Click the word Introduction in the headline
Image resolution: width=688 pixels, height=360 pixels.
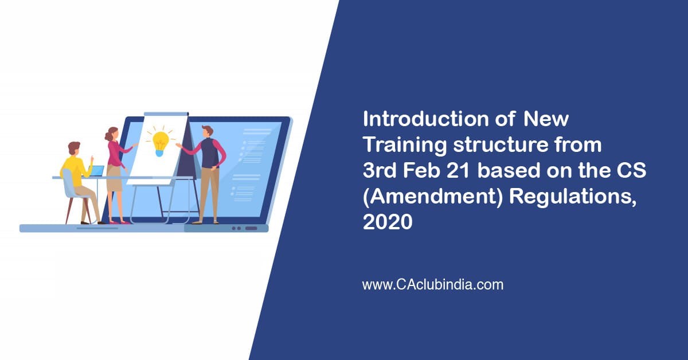click(x=426, y=119)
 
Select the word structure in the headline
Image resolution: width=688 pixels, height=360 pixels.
click(x=501, y=145)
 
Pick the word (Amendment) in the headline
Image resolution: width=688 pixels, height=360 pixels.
click(x=432, y=197)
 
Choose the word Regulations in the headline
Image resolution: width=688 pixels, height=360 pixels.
click(x=573, y=197)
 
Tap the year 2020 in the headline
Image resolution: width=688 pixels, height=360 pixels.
click(x=388, y=222)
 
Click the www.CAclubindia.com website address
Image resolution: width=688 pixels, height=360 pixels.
click(x=433, y=285)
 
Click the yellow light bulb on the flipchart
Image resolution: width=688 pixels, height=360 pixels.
click(x=160, y=143)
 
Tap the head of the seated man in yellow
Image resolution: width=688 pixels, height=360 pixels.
click(x=75, y=148)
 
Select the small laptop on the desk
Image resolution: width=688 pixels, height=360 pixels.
click(x=96, y=171)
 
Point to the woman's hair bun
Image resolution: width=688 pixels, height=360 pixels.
click(x=108, y=135)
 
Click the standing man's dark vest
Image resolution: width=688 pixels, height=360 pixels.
click(x=210, y=152)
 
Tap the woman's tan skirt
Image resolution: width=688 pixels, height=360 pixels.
click(x=114, y=178)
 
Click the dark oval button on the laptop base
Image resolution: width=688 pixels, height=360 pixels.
click(x=251, y=228)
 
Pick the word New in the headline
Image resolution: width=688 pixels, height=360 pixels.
click(x=546, y=119)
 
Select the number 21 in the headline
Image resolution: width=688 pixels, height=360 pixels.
click(x=458, y=170)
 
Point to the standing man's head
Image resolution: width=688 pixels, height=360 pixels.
click(x=208, y=131)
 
